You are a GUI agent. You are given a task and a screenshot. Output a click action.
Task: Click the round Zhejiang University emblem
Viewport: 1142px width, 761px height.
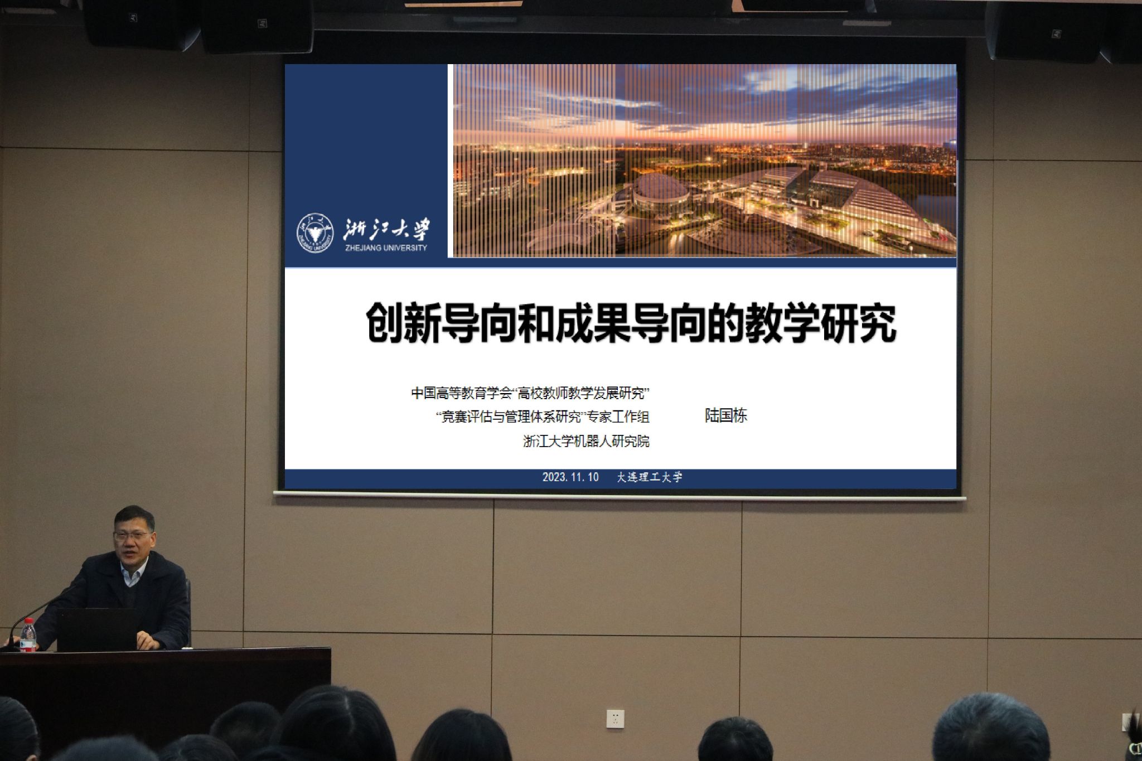coord(315,232)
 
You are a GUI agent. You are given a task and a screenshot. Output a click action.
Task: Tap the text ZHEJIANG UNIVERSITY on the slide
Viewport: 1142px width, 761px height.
coord(385,248)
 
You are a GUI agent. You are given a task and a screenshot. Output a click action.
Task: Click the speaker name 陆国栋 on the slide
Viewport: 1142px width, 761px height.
coord(725,415)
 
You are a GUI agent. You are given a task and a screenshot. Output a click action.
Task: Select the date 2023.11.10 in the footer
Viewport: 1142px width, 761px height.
coord(570,477)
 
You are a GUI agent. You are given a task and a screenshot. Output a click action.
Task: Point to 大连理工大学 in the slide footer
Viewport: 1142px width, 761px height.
coord(650,477)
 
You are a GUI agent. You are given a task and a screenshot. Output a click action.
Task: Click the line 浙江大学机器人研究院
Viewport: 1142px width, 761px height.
coord(586,442)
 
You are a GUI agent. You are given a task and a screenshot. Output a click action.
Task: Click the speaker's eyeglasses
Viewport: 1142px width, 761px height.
coord(132,536)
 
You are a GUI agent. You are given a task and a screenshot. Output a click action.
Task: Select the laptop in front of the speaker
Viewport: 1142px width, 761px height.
coord(97,629)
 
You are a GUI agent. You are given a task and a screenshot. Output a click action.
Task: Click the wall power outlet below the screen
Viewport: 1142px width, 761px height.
coord(615,718)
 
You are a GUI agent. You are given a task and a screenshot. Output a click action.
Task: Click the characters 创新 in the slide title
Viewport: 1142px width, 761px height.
coord(403,323)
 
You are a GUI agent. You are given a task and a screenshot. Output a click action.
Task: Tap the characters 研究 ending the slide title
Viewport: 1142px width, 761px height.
coord(859,323)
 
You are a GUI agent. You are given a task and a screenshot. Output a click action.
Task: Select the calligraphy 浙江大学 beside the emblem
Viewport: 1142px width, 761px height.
coord(386,229)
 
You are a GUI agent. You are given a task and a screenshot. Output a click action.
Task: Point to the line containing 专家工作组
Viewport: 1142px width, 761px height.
coord(543,416)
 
